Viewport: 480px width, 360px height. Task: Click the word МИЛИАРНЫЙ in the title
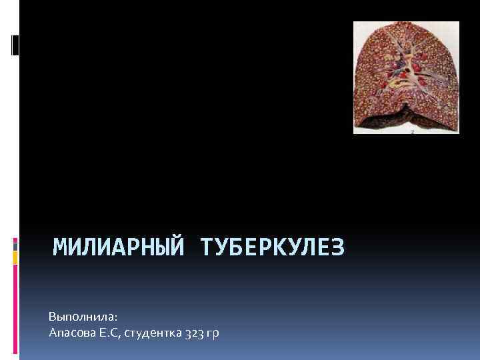119,248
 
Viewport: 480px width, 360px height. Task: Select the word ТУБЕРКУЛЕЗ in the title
272,248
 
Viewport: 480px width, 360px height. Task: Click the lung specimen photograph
406,77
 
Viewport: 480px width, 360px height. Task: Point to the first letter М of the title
60,248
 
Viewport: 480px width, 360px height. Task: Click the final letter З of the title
338,248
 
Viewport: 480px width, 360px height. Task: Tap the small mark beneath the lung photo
412,132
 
